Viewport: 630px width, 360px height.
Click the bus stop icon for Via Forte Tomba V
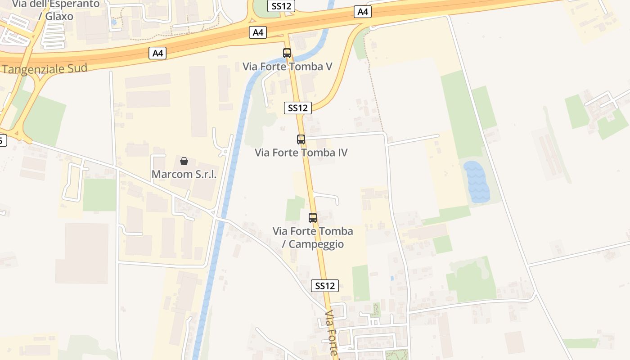point(287,53)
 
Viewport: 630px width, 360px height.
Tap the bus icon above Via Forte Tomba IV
point(301,139)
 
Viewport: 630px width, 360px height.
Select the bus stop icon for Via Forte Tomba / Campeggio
point(313,218)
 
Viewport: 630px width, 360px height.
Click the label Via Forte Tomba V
point(287,67)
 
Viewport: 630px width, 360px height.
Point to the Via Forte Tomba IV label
point(301,153)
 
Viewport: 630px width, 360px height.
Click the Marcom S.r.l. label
point(184,174)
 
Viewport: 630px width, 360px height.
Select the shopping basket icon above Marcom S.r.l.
point(184,161)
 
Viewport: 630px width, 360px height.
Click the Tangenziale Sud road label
point(45,69)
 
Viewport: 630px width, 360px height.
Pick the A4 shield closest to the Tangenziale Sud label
point(157,54)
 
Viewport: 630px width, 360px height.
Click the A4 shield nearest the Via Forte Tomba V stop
point(258,32)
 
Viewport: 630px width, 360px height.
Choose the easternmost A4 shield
point(363,12)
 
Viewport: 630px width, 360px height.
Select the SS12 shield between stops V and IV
point(298,108)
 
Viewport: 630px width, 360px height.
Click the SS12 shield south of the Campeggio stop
point(325,286)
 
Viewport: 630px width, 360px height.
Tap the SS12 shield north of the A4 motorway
point(281,6)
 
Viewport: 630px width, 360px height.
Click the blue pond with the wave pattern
point(477,181)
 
